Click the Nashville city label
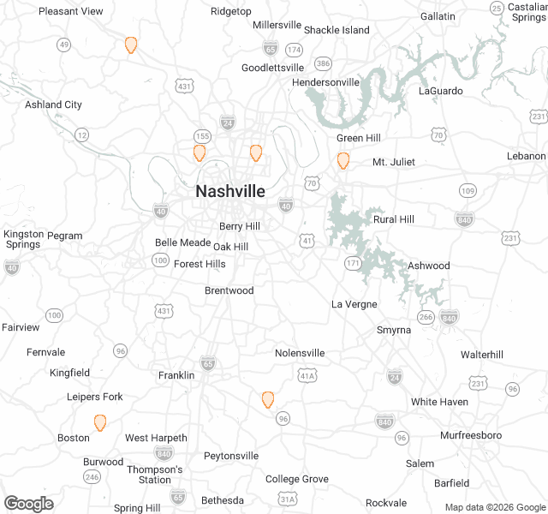[x=230, y=191]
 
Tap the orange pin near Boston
[x=100, y=422]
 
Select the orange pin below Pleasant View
[x=131, y=45]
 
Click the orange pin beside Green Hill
[x=343, y=160]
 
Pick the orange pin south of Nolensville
[x=268, y=399]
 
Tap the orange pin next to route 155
[x=200, y=152]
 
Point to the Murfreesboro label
[x=471, y=435]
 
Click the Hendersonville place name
[x=326, y=82]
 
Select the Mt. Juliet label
[x=393, y=163]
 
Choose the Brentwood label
[x=229, y=290]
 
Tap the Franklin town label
[x=176, y=375]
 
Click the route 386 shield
[x=323, y=63]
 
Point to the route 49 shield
[x=64, y=45]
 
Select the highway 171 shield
[x=353, y=262]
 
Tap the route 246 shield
[x=92, y=476]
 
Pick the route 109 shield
[x=468, y=190]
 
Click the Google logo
[x=29, y=504]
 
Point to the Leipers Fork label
[x=95, y=397]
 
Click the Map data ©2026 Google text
[x=494, y=507]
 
